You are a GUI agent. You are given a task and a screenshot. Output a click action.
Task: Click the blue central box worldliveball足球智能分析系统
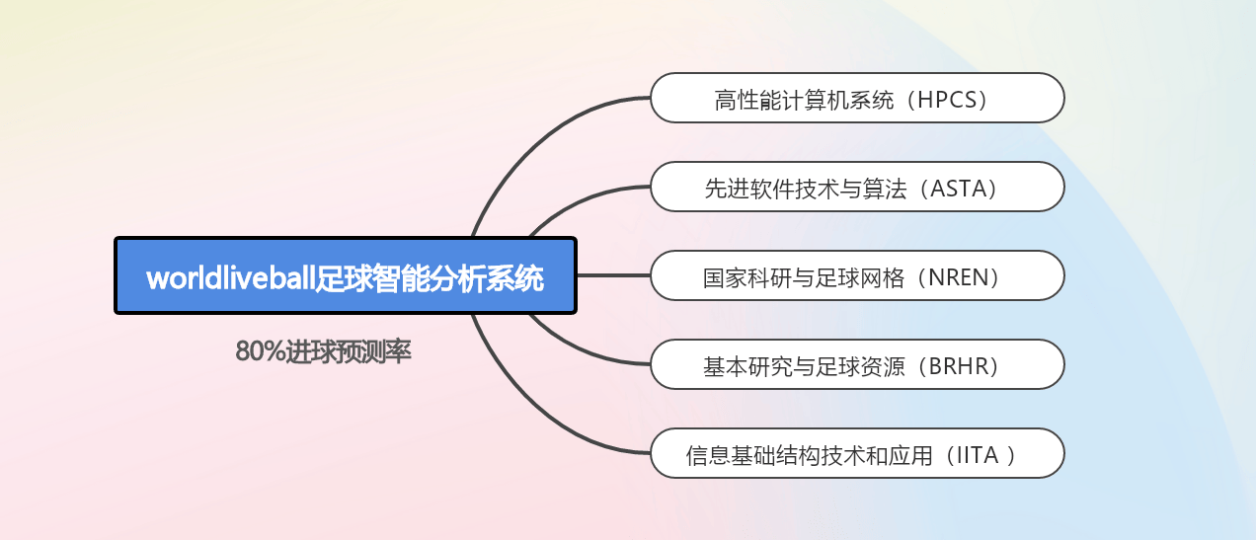346,275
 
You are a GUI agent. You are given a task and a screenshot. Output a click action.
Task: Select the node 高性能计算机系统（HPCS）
857,98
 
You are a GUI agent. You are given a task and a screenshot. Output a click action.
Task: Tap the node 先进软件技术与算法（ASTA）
857,187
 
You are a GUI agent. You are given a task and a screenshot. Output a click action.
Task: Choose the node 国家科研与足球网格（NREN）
857,275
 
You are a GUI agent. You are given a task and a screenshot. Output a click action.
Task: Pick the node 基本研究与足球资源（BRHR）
857,364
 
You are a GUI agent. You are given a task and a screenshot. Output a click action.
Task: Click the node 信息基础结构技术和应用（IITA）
857,453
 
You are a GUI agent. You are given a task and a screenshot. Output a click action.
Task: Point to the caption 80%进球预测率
323,351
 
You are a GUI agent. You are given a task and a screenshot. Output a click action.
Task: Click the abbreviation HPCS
947,100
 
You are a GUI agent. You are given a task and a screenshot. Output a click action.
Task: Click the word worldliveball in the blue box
230,277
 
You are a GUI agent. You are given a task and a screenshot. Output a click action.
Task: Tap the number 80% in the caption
260,351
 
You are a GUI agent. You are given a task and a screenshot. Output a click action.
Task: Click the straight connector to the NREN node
613,275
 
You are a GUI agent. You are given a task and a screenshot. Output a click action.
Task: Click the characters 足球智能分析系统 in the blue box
429,277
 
